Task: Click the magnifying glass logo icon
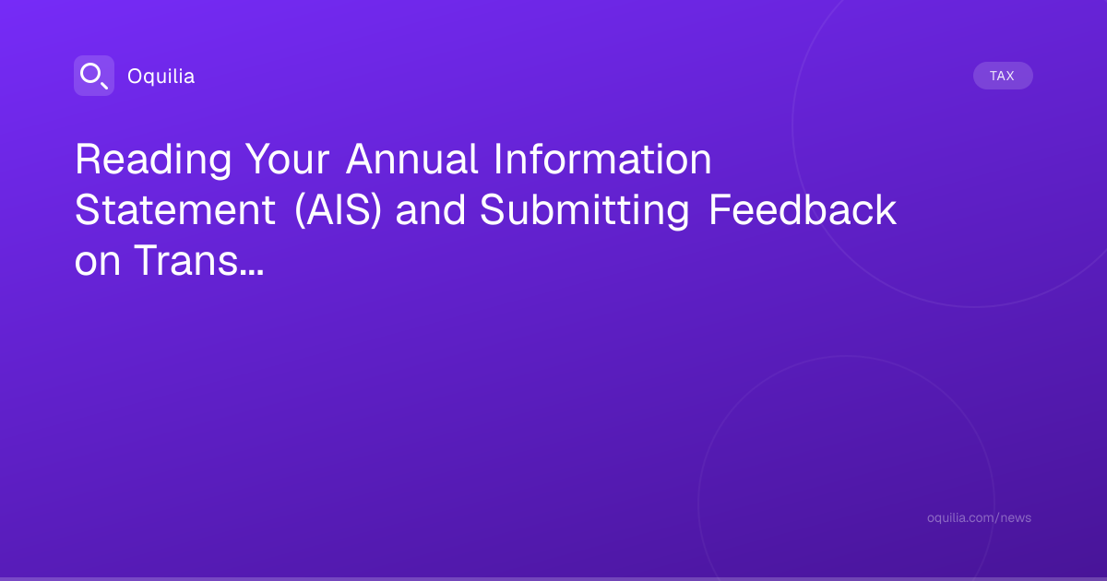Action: tap(94, 76)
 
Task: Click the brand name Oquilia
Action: tap(161, 77)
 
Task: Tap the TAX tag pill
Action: tap(1003, 76)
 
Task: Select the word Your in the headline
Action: tap(288, 160)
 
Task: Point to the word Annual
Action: tap(412, 159)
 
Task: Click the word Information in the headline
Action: tap(603, 159)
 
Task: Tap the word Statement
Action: tap(175, 210)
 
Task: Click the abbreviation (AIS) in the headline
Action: tap(338, 211)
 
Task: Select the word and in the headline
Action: tap(431, 210)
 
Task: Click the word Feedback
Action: tap(803, 210)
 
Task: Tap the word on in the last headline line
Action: tap(98, 262)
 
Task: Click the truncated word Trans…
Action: tap(199, 260)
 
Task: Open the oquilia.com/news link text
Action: tap(979, 517)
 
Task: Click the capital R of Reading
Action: tap(88, 159)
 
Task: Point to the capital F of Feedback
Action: tap(720, 210)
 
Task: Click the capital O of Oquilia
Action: tap(135, 77)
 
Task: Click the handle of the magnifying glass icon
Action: tap(104, 86)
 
